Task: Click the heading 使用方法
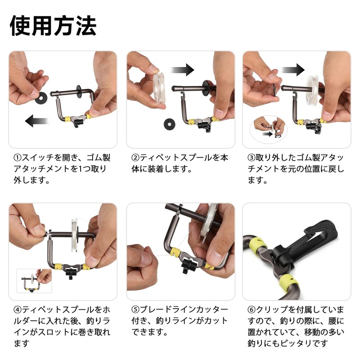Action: click(53, 26)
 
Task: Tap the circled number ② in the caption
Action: click(135, 158)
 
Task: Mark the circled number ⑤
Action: click(135, 310)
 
